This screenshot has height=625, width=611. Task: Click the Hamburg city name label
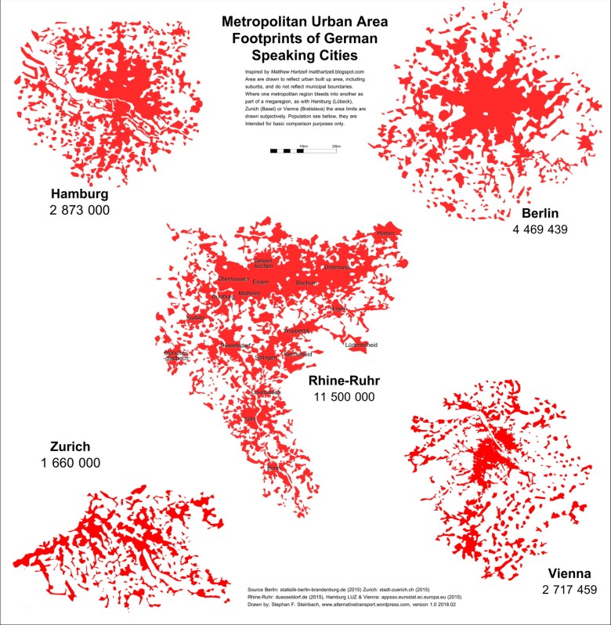tap(80, 193)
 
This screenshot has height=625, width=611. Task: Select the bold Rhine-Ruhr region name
tap(345, 381)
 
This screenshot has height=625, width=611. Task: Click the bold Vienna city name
tap(569, 572)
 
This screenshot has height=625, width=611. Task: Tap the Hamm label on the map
tap(385, 233)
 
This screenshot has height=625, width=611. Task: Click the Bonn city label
tap(273, 468)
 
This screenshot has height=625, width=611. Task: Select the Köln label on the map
tap(250, 420)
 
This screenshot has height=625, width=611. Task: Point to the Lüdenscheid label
tap(362, 345)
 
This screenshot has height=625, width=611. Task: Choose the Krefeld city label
tap(194, 318)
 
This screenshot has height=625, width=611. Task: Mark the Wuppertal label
tap(298, 331)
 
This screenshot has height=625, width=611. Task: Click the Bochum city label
tap(306, 282)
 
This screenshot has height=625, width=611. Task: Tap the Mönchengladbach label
tap(176, 356)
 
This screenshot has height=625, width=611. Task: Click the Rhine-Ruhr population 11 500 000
tap(345, 397)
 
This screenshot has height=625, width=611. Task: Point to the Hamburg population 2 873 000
tap(80, 210)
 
